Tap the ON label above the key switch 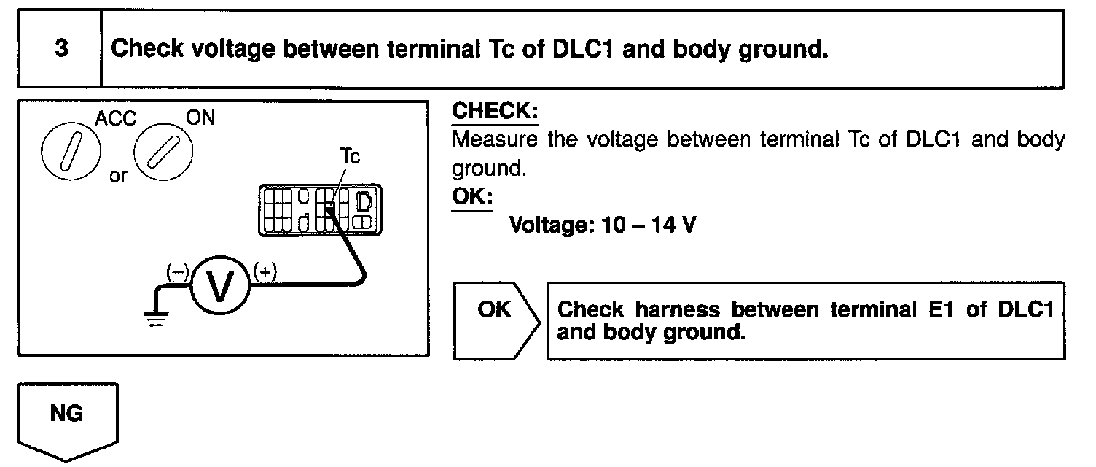(x=201, y=117)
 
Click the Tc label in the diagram (x=350, y=157)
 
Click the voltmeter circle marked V (x=221, y=290)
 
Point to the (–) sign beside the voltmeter (x=177, y=271)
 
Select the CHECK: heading (x=495, y=112)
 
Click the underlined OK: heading (x=472, y=198)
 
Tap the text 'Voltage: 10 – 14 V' (x=602, y=224)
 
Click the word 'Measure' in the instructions (x=495, y=139)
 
